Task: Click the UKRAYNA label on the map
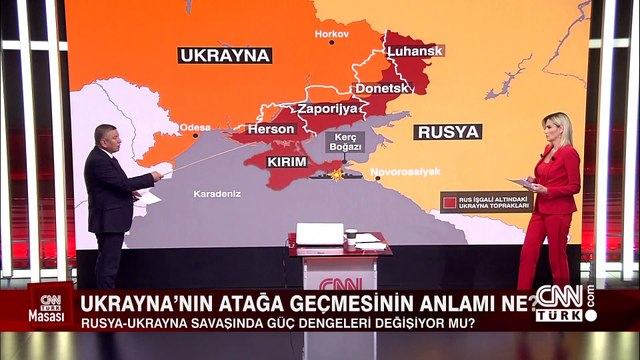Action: pyautogui.click(x=225, y=55)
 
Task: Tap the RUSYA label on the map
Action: pyautogui.click(x=447, y=131)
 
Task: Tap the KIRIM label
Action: pyautogui.click(x=287, y=160)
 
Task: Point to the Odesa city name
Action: pyautogui.click(x=195, y=127)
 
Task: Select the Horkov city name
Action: pyautogui.click(x=332, y=34)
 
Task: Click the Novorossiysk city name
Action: pyautogui.click(x=405, y=171)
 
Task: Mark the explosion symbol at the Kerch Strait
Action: pyautogui.click(x=337, y=174)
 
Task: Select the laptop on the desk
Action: pyautogui.click(x=320, y=234)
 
